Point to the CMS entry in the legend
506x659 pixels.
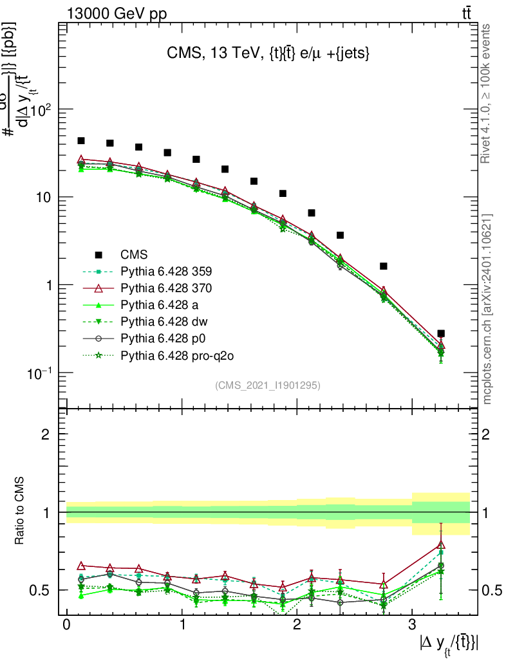click(134, 254)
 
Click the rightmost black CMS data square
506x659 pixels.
click(440, 334)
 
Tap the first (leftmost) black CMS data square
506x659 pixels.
click(81, 141)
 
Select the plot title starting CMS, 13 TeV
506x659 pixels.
click(267, 55)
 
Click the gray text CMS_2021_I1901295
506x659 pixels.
click(267, 385)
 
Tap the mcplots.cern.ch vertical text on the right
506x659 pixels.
click(487, 309)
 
